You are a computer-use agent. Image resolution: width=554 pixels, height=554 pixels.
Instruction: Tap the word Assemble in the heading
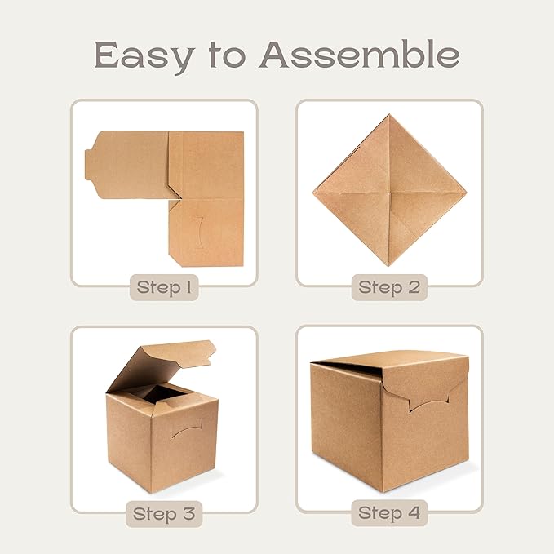359,55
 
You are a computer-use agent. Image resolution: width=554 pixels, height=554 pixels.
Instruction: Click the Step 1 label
165,288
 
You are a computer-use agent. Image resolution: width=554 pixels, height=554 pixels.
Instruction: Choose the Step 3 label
165,514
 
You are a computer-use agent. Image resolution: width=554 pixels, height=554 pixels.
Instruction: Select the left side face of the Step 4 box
343,424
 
